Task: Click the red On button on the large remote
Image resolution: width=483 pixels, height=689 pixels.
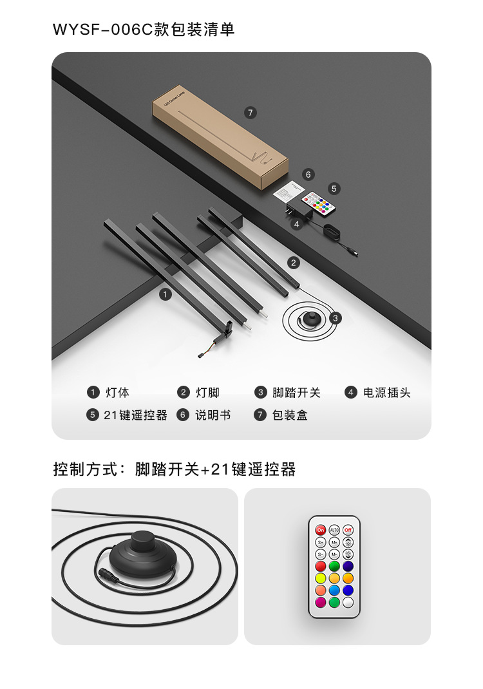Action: tap(320, 529)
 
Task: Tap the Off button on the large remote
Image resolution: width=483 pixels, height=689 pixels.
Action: tap(348, 529)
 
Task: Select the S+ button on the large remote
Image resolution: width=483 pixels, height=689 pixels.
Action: tap(320, 542)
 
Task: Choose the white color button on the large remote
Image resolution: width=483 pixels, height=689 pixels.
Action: tap(348, 602)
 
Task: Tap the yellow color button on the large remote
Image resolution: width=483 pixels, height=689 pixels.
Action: tap(320, 578)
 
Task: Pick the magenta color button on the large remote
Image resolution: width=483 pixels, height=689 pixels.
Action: tap(320, 602)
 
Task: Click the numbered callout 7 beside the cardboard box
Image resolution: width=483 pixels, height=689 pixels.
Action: tap(251, 113)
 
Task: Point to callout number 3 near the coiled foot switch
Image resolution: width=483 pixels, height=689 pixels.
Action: tap(336, 317)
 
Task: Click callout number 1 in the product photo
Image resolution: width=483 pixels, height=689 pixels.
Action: tap(166, 294)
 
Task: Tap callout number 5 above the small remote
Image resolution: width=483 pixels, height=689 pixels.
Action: tap(334, 189)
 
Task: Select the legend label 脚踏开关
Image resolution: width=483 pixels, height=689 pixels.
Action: tap(296, 393)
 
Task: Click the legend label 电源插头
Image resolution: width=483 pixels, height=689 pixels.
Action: tap(386, 393)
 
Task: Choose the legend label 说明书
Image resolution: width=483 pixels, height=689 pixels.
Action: tap(213, 415)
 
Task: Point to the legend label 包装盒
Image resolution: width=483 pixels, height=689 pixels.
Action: tap(290, 415)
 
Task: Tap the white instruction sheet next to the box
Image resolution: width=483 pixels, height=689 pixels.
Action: tap(287, 191)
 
